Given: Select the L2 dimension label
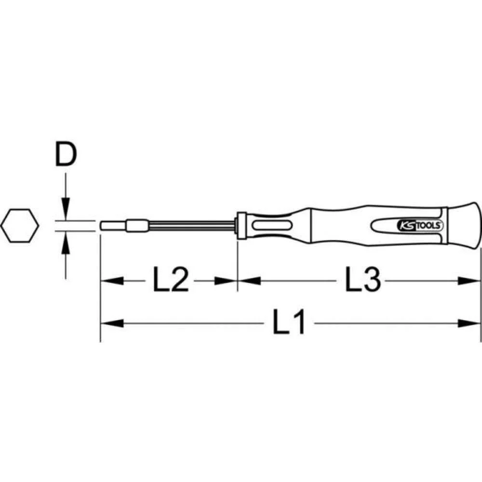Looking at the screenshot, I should [170, 281].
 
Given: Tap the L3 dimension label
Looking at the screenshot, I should [362, 281].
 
